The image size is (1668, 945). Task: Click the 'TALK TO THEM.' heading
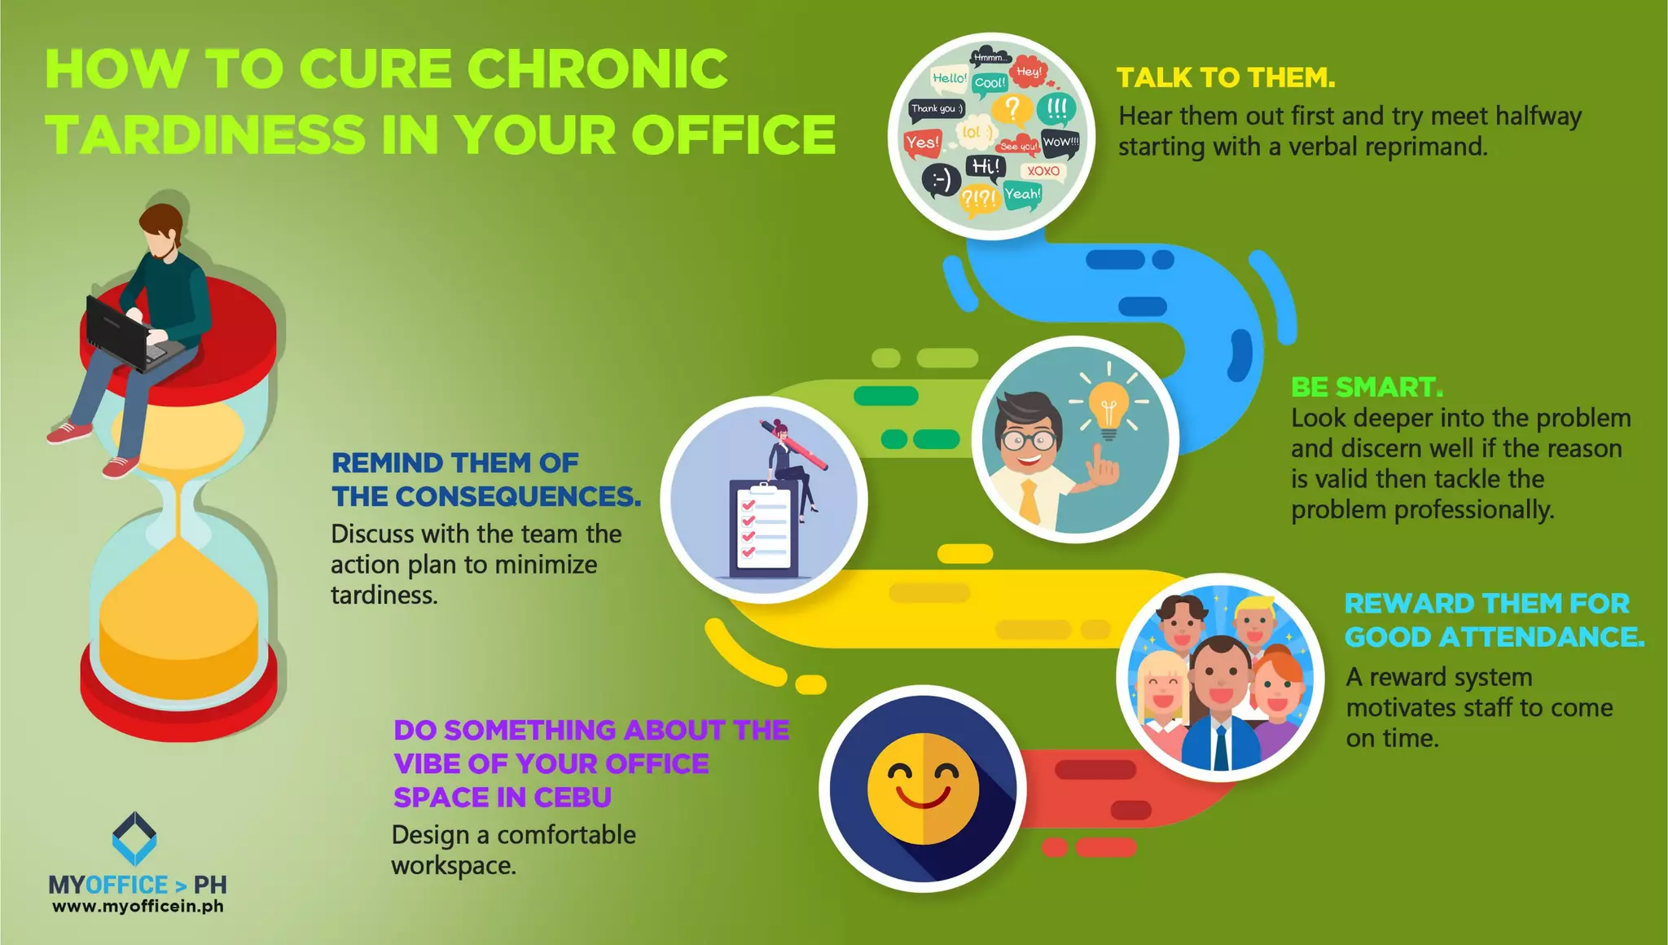[x=1225, y=77]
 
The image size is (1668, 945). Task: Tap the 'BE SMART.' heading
[x=1366, y=387]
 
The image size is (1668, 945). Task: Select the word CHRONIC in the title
[x=597, y=68]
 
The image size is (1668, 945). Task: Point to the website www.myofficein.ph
[x=138, y=906]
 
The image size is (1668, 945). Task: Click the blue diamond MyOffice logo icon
[x=134, y=837]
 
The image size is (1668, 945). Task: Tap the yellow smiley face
[x=923, y=789]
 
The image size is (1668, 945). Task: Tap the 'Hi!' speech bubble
[x=985, y=167]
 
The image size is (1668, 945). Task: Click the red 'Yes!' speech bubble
[x=922, y=143]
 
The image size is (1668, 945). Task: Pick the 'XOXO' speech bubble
[x=1043, y=171]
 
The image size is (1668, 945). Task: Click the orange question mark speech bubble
[x=1012, y=108]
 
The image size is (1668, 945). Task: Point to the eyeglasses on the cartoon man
[x=1029, y=441]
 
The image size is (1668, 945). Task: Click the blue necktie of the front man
[x=1219, y=748]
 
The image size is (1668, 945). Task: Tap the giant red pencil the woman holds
[x=794, y=445]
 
